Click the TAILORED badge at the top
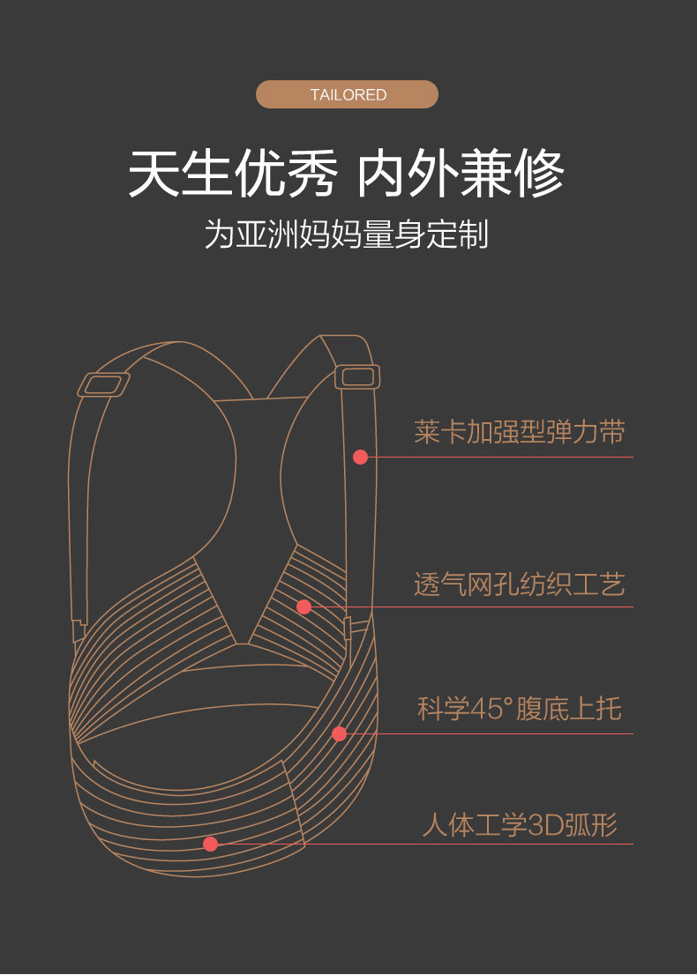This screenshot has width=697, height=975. tap(348, 94)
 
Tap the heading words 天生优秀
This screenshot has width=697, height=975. tap(232, 174)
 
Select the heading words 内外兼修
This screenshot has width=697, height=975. tap(460, 174)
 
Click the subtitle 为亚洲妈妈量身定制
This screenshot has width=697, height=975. tap(347, 234)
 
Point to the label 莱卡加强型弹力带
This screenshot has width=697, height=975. tap(519, 432)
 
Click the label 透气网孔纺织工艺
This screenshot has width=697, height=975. tap(519, 584)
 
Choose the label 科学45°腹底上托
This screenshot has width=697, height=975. tap(519, 708)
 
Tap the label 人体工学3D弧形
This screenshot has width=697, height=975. tap(519, 825)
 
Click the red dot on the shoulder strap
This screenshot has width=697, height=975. tap(360, 457)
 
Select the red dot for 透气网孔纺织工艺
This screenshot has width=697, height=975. tap(304, 607)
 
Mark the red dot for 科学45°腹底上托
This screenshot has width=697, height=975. tap(340, 733)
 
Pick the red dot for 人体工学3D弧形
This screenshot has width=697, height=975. tap(210, 844)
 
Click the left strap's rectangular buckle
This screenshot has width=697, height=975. tap(104, 384)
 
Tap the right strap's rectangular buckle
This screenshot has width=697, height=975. tap(357, 376)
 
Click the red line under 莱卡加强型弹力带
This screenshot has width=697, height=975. tap(529, 457)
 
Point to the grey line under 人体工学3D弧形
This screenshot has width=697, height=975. tap(529, 844)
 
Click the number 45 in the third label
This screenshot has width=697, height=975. tap(483, 709)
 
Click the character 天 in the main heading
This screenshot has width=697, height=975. tap(154, 174)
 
